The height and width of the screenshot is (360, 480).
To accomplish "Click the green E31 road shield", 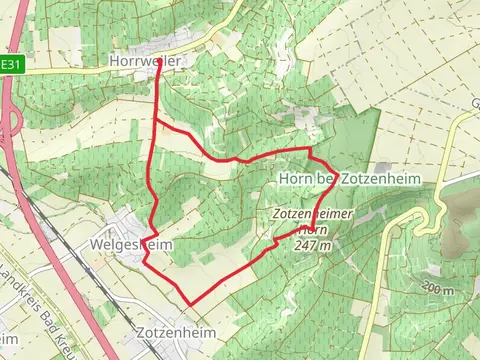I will click(10, 65).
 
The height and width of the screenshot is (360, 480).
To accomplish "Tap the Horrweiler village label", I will click(145, 62).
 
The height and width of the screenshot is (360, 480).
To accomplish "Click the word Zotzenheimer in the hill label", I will click(308, 213).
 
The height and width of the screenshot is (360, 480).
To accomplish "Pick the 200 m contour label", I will click(437, 290).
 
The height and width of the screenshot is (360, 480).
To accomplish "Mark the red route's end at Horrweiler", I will click(159, 63).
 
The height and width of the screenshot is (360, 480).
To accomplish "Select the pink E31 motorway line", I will click(60, 250).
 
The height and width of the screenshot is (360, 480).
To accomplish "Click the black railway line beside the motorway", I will click(30, 200).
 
